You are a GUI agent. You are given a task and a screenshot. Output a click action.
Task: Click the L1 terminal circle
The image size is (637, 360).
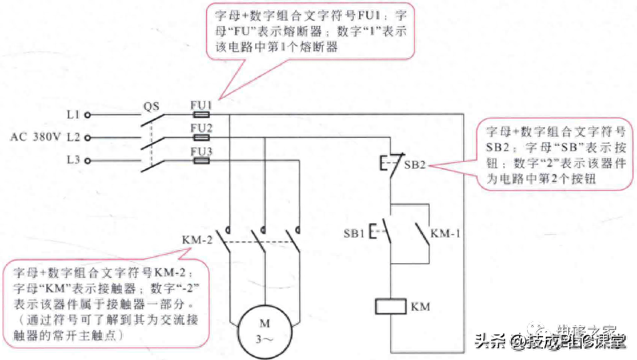pyautogui.click(x=87, y=115)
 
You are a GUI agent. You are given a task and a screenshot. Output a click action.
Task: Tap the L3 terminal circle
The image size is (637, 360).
pyautogui.click(x=87, y=161)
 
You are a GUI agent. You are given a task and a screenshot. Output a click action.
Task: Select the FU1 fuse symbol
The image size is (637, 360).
pyautogui.click(x=201, y=115)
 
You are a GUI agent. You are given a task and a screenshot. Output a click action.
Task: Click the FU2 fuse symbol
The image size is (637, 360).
pyautogui.click(x=201, y=137)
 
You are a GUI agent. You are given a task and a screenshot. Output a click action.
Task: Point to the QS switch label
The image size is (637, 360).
pyautogui.click(x=152, y=105)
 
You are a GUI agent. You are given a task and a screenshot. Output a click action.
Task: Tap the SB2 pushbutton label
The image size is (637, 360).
pyautogui.click(x=414, y=164)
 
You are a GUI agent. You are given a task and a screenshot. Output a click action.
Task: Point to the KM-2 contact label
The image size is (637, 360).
pyautogui.click(x=196, y=239)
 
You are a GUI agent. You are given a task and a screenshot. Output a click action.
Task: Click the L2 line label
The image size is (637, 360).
pyautogui.click(x=73, y=137)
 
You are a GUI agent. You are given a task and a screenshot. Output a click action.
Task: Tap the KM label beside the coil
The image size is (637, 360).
pyautogui.click(x=420, y=307)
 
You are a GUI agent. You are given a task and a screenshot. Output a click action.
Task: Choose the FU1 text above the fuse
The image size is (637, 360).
pyautogui.click(x=201, y=105)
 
